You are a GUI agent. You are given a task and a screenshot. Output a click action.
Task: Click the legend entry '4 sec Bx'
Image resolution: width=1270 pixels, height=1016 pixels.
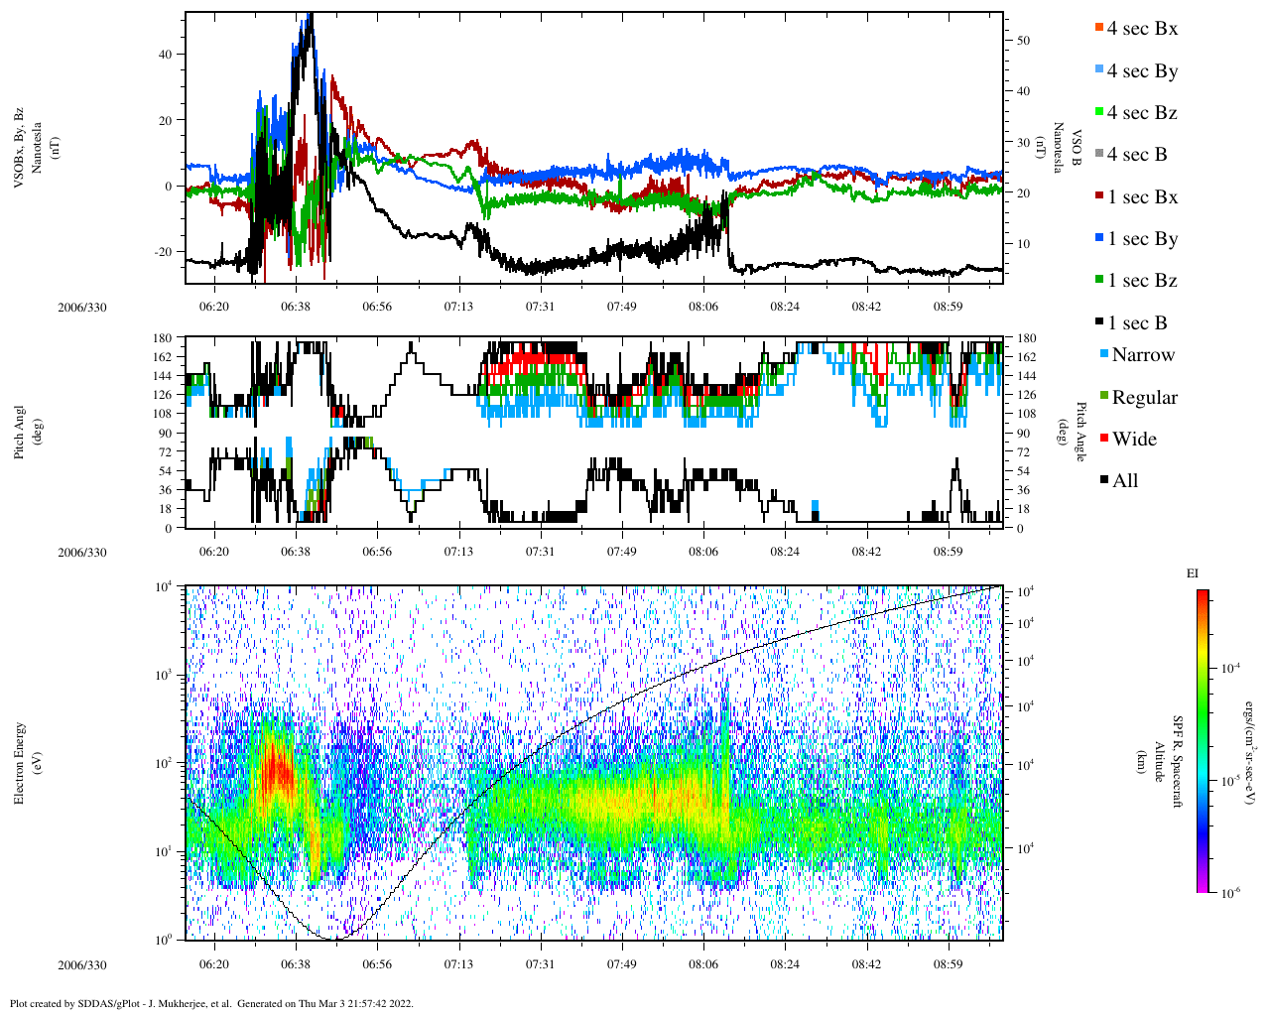coord(1142,29)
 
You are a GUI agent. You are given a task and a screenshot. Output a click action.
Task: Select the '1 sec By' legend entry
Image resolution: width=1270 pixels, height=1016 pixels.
coord(1142,239)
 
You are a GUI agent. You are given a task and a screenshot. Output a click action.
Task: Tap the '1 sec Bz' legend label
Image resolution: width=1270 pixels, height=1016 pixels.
coord(1142,281)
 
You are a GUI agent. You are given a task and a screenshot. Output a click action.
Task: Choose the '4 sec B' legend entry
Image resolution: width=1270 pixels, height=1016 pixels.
coord(1137,155)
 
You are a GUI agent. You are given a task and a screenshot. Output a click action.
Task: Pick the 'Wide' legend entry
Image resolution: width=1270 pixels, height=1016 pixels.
coord(1134,440)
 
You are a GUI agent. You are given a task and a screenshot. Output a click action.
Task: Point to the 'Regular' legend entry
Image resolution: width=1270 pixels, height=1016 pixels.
coord(1144,398)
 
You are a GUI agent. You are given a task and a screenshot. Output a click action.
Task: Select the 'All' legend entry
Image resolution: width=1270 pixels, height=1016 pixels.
coord(1125,481)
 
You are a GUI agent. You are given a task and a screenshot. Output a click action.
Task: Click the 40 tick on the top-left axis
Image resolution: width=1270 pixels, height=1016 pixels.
coord(165,55)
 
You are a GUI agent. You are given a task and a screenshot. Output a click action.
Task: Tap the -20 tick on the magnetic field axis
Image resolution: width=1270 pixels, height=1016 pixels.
coord(162,252)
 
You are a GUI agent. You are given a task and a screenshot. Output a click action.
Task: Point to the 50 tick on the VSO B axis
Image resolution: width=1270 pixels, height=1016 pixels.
coord(1023,41)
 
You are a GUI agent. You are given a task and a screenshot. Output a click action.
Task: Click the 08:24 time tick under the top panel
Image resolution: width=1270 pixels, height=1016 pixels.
coord(785,307)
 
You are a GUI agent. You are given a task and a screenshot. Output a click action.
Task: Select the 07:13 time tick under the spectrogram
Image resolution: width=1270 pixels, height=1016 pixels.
coord(458,964)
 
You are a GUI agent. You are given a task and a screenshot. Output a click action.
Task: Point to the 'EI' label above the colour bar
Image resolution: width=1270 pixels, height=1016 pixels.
coord(1193,573)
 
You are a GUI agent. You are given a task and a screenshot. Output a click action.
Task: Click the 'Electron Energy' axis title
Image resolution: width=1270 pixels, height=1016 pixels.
coord(19,762)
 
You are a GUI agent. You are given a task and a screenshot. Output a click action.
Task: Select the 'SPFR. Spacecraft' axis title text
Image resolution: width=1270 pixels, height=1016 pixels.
coord(1178,762)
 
